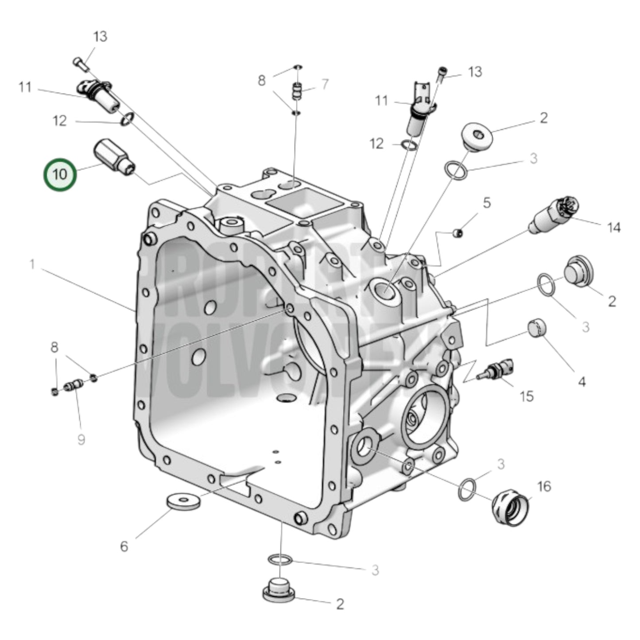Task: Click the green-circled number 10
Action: tap(60, 175)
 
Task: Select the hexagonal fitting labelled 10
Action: tap(113, 158)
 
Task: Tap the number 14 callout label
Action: tap(613, 228)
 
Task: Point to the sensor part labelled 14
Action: tap(554, 214)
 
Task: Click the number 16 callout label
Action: tap(544, 486)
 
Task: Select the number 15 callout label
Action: tap(526, 396)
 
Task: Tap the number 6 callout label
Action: tap(124, 547)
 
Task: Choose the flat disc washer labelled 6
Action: tap(183, 502)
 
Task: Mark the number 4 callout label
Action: tap(582, 381)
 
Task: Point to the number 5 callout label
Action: tap(487, 203)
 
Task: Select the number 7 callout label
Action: tap(325, 84)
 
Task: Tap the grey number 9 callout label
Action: tap(81, 440)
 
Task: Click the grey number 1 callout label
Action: tap(32, 265)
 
